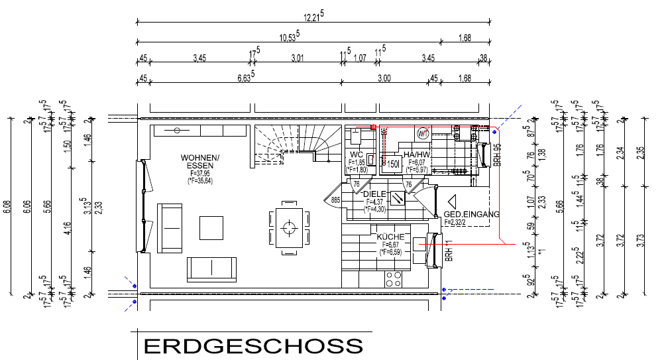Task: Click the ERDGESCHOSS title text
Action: tap(254, 346)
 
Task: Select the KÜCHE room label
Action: tap(390, 236)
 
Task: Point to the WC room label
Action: tap(357, 154)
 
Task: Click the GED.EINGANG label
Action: tap(471, 214)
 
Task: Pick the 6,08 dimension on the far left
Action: tap(7, 206)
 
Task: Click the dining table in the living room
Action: tap(288, 229)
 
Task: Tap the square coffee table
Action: tap(212, 227)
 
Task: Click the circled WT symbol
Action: tap(422, 133)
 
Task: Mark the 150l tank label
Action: tap(392, 164)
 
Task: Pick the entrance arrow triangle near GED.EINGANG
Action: tap(453, 202)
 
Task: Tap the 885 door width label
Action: tap(335, 198)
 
